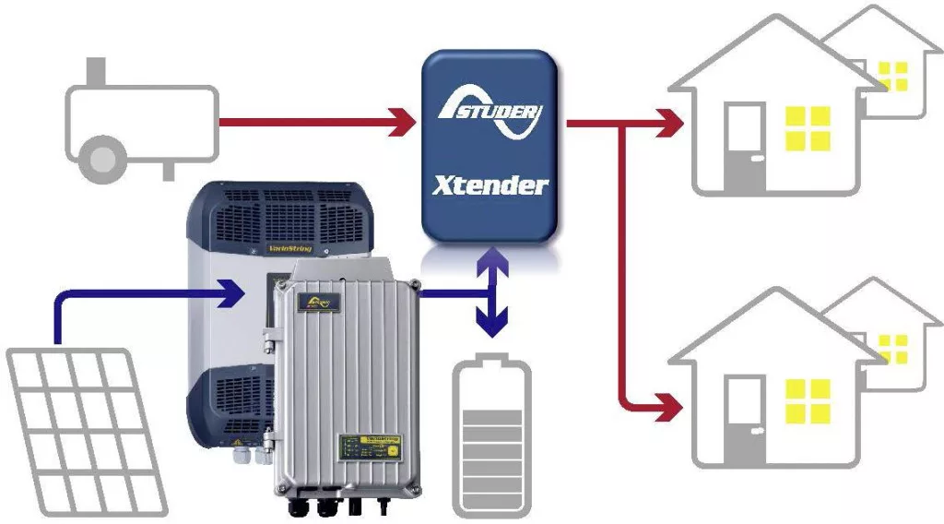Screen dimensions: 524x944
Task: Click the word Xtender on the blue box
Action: (x=490, y=185)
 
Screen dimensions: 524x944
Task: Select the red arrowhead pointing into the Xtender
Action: (x=402, y=122)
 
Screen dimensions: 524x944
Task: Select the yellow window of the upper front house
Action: (x=808, y=128)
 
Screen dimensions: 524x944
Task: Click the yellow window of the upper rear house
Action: (x=892, y=76)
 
